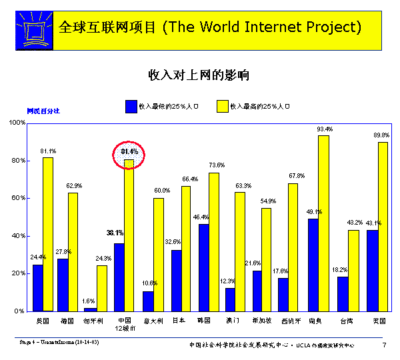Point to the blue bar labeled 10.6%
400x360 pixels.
(147, 301)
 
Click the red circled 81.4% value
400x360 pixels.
(129, 152)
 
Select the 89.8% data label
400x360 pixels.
(381, 135)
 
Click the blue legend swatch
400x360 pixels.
(131, 105)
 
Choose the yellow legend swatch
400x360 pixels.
(223, 105)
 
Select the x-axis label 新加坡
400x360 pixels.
(261, 321)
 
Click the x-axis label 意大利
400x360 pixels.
(152, 321)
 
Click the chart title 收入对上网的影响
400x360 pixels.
(199, 74)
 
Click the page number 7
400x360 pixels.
(384, 345)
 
